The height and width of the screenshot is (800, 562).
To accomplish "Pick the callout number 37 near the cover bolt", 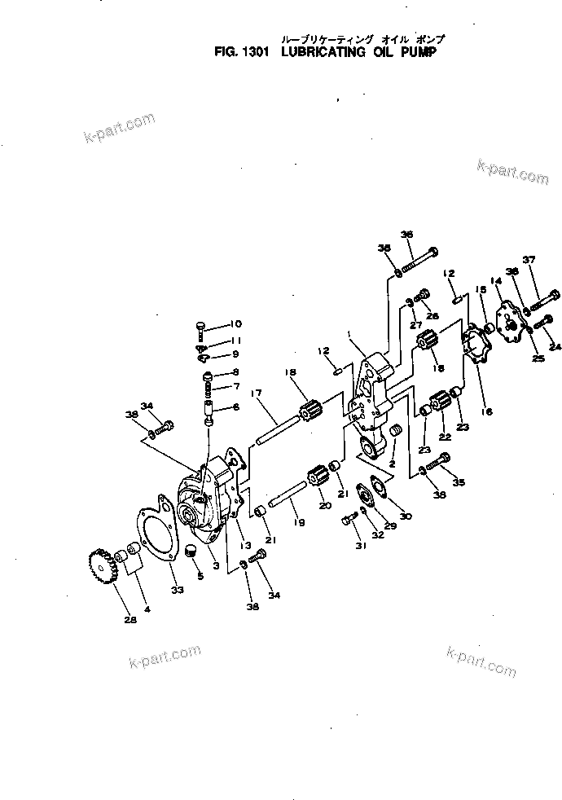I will (x=529, y=259).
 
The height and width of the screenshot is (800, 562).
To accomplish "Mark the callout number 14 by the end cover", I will (x=496, y=281).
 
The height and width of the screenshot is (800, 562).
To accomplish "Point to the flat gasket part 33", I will (x=154, y=542).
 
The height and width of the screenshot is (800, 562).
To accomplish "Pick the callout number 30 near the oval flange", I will (x=406, y=516).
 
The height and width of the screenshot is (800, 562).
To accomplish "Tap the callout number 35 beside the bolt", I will (x=459, y=482).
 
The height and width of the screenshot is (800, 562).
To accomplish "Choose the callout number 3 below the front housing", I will (x=214, y=565).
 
